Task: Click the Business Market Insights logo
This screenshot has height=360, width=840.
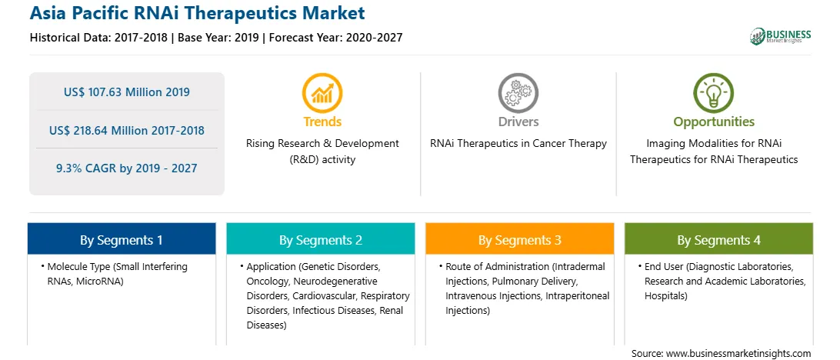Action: point(780,36)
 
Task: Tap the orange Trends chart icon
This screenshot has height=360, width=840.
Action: point(322,92)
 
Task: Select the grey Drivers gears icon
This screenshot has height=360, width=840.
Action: point(518,92)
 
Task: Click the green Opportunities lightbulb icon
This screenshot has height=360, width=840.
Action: point(714,92)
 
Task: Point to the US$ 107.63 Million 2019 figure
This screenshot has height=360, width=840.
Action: point(126,92)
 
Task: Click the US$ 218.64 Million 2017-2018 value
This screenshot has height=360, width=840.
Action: point(126,130)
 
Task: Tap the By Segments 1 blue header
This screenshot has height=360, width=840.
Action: point(122,239)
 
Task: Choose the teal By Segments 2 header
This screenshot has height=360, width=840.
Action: point(320,239)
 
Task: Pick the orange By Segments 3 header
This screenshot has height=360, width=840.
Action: point(520,239)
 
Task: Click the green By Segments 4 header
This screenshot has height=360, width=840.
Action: point(718,239)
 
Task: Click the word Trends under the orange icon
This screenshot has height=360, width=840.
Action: point(322,122)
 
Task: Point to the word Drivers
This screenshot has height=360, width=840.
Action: point(518,122)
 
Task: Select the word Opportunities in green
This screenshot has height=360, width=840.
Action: point(714,122)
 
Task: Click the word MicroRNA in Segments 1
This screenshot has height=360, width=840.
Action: point(101,282)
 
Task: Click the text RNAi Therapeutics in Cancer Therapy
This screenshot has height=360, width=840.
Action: point(518,144)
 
